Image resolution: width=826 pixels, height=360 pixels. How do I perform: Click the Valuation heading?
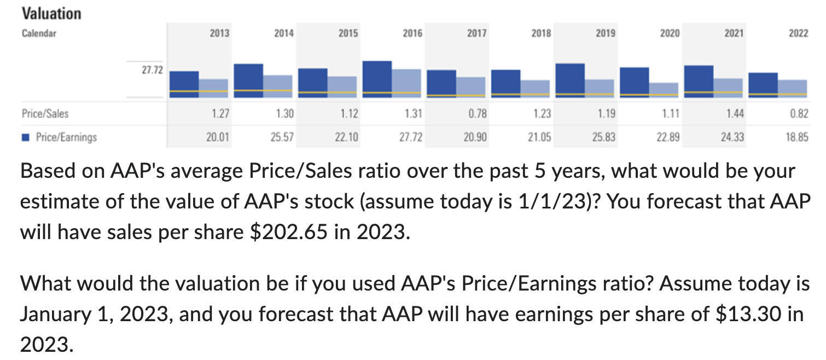[51, 13]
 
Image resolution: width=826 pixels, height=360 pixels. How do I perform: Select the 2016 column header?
[412, 33]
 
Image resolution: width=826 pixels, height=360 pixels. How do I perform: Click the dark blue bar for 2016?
[377, 79]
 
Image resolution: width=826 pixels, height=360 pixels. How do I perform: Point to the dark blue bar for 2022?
[763, 85]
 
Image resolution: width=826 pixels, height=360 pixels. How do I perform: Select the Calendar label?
[39, 33]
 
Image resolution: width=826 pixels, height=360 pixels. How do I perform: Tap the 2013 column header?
[219, 33]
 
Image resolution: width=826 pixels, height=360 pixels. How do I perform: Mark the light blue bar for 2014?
[278, 86]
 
